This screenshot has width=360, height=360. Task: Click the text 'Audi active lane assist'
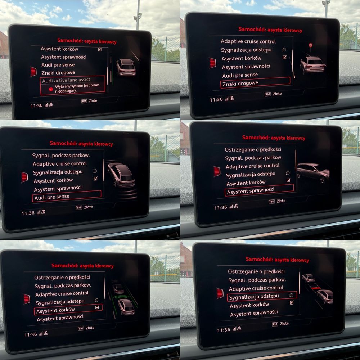tap(66, 80)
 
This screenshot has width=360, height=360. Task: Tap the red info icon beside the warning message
tap(51, 89)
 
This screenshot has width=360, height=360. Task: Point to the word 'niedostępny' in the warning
tap(66, 91)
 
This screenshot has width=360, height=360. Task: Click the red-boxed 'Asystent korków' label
tap(55, 310)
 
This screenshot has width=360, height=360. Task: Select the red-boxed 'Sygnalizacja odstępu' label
tap(254, 296)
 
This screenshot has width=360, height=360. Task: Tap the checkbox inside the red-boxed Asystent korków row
tap(97, 307)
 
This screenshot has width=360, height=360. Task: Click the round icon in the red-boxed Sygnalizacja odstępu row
tap(291, 295)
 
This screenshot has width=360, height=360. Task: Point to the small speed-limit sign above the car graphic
tap(310, 45)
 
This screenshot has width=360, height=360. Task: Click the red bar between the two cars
tap(316, 287)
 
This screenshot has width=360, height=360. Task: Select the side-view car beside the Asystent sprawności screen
tap(313, 172)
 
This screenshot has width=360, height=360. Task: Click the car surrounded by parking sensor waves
tap(121, 175)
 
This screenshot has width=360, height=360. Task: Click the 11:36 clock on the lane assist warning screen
tap(36, 105)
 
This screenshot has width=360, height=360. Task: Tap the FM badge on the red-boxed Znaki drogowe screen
tap(267, 94)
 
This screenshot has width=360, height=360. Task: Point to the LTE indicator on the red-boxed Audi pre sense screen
tap(44, 212)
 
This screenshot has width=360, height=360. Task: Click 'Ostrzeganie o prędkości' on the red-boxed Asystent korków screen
tap(62, 277)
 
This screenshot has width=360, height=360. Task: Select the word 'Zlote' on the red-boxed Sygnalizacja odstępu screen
tap(284, 324)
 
